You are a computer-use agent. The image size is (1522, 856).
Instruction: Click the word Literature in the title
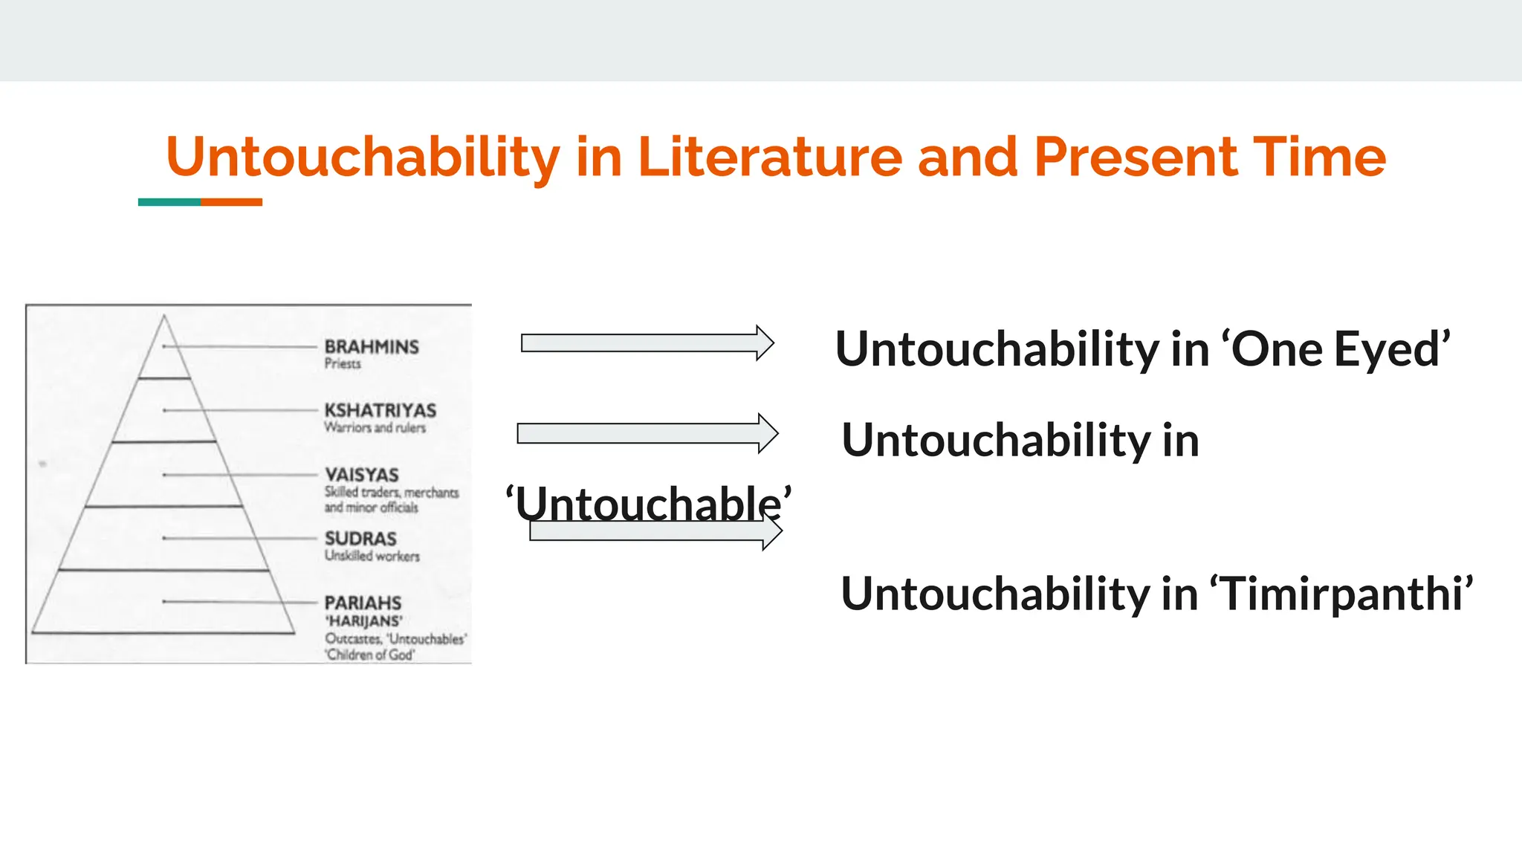coord(769,157)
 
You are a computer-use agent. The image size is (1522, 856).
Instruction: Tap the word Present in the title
coord(1134,157)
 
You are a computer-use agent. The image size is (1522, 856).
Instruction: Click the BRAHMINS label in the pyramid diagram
coord(372,347)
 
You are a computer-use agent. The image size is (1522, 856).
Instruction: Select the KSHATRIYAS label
coord(380,411)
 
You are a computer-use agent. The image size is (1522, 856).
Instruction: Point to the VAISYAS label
coord(361,475)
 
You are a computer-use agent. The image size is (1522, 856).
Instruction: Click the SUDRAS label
coord(360,539)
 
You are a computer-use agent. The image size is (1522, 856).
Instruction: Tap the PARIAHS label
coord(363,603)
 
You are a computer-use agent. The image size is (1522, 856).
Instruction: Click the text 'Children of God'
coord(369,655)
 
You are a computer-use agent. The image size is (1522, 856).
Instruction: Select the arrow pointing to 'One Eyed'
coord(647,343)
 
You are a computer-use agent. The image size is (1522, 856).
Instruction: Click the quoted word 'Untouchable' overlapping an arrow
coord(648,503)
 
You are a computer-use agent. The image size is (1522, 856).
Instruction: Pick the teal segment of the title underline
coord(169,202)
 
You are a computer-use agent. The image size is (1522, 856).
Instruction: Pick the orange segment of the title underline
coord(231,202)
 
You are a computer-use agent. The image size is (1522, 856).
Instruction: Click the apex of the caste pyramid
coord(164,318)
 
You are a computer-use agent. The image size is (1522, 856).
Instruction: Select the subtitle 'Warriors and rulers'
coord(375,428)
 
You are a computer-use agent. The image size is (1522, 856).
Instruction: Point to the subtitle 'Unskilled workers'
coord(372,556)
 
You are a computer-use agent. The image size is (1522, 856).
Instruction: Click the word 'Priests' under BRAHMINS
coord(343,363)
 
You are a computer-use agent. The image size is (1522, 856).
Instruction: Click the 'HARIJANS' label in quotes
coord(363,621)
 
